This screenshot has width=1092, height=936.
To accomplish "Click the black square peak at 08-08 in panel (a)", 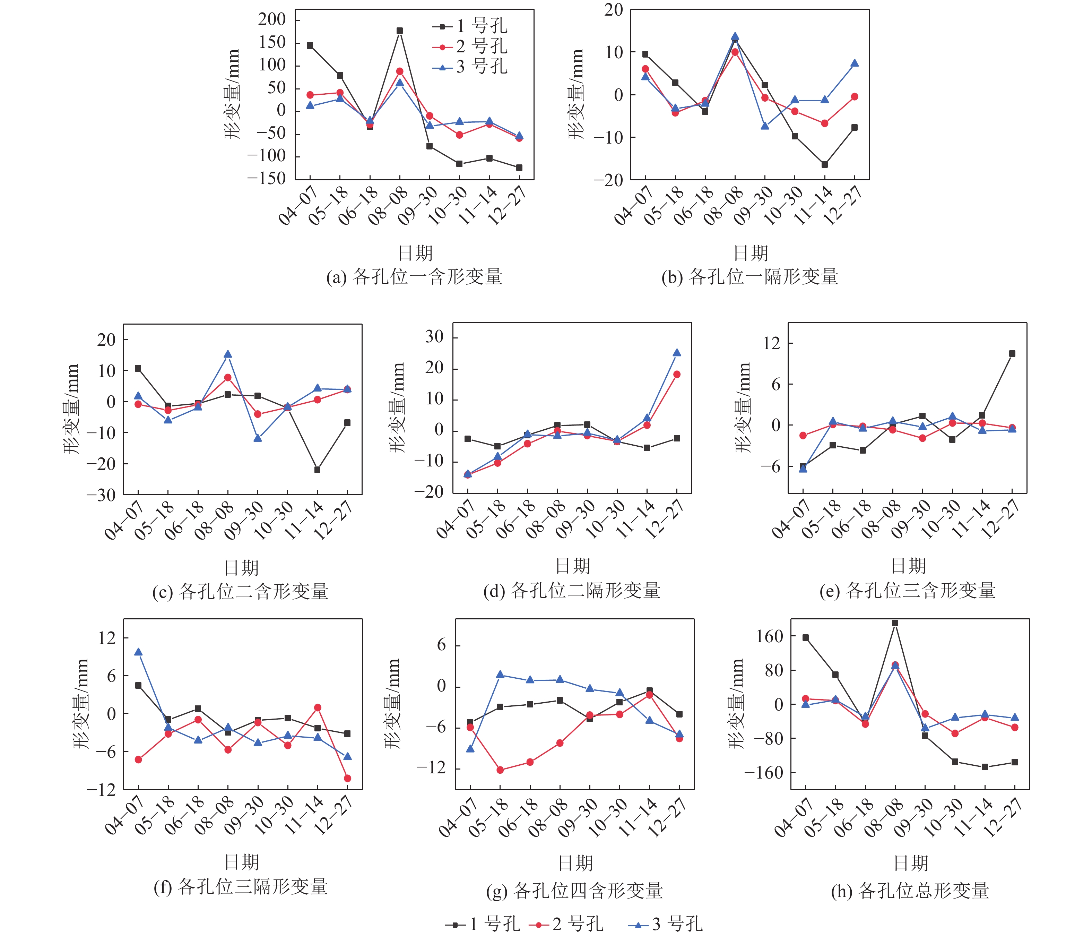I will point(399,31).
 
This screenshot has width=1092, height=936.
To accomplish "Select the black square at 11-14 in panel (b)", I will point(824,164).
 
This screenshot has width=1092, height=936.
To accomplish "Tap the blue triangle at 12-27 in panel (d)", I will point(677,353).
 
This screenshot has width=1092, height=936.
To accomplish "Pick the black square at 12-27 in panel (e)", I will point(1012,354).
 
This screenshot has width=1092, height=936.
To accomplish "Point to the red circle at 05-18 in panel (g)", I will point(500,770).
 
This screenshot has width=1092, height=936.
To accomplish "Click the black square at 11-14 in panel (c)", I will point(317,469).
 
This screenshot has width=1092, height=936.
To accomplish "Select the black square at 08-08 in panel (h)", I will point(895,623).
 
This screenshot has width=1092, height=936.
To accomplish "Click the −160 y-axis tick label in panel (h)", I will point(763,773).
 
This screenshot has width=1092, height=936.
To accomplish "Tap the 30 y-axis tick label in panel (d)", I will point(435,336).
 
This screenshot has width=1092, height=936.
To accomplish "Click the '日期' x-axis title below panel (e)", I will point(908,566).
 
